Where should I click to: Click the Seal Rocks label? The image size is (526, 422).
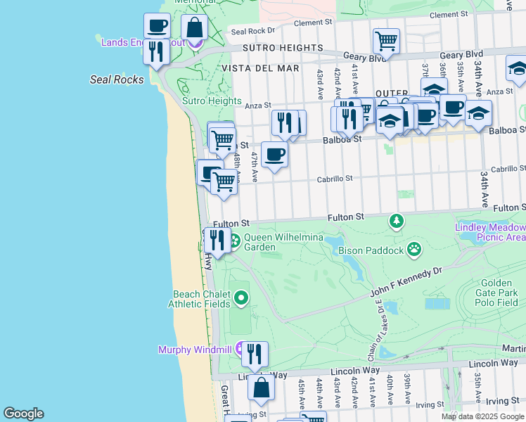[x=117, y=79]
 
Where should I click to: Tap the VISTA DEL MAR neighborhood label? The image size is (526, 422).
[x=259, y=68]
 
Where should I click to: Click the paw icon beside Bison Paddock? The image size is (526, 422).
[x=416, y=248]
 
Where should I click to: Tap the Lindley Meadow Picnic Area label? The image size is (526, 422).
[x=490, y=232]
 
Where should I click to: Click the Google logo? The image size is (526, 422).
[x=23, y=414]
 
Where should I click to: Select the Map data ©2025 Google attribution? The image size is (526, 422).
[x=482, y=416]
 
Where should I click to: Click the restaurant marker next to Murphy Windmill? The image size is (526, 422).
[x=255, y=353]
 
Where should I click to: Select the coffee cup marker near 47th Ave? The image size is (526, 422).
[x=274, y=154]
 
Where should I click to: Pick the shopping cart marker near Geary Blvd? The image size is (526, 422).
[x=386, y=41]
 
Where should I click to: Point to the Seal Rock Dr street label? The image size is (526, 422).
[x=252, y=31]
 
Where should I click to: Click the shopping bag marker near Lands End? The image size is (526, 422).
[x=195, y=29]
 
